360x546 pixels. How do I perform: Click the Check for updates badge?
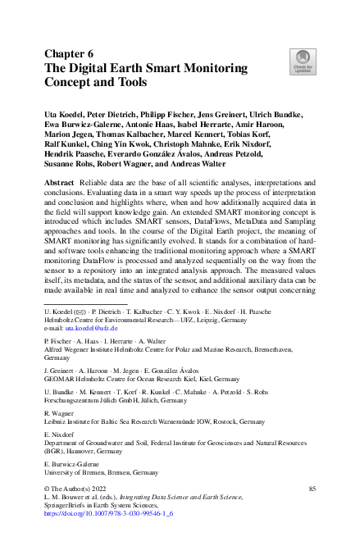[303, 61]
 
